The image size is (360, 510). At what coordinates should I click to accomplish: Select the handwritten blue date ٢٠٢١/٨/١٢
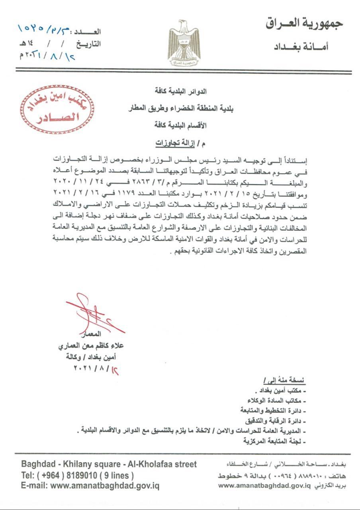[x=47, y=55]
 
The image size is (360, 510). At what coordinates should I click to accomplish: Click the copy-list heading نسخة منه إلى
[x=284, y=380]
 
